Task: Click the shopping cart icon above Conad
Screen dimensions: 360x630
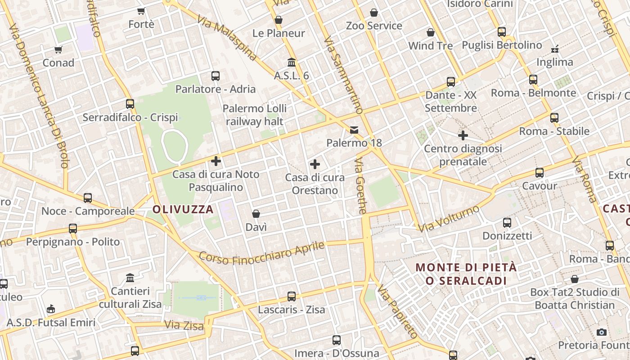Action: point(58,49)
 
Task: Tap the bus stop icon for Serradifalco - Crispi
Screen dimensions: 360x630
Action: point(130,104)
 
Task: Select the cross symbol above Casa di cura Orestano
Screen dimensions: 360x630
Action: point(315,164)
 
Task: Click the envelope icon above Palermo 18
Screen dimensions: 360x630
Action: point(354,130)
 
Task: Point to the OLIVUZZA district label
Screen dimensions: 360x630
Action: point(183,209)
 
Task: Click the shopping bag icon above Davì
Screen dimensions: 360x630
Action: point(256,214)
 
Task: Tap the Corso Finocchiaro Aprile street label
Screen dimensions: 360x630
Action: point(261,253)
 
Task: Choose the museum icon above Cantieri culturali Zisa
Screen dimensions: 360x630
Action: point(130,278)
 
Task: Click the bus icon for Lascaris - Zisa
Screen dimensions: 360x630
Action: point(292,297)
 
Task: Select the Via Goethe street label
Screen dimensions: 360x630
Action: point(360,186)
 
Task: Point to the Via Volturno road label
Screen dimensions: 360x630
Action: point(449,219)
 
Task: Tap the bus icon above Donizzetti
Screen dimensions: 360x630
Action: point(507,222)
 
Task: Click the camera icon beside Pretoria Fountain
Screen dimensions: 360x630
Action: point(601,332)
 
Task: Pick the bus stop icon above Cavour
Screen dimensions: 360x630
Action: point(539,172)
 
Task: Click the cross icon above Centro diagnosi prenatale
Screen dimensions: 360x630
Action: point(463,135)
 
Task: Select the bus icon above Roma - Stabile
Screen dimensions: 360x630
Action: point(554,118)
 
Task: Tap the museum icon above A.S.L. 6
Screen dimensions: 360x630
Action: point(292,62)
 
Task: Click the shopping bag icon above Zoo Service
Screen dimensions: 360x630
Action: point(374,13)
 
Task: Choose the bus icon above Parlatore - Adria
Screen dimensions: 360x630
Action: point(216,76)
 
